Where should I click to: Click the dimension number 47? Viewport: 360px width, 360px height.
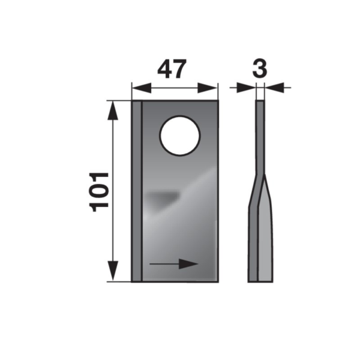click(x=171, y=69)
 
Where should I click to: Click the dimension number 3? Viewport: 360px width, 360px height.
click(x=260, y=68)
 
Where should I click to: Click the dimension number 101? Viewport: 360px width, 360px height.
click(x=100, y=192)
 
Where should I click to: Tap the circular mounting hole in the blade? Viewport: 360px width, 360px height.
click(x=180, y=136)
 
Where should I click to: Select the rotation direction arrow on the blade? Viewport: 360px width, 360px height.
click(x=174, y=264)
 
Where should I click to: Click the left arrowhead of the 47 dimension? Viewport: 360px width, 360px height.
click(x=142, y=88)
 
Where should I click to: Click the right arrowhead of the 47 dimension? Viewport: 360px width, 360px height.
click(x=207, y=88)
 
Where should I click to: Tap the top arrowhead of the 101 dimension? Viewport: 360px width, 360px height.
click(x=113, y=110)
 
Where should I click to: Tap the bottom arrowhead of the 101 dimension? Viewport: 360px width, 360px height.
click(x=113, y=271)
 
